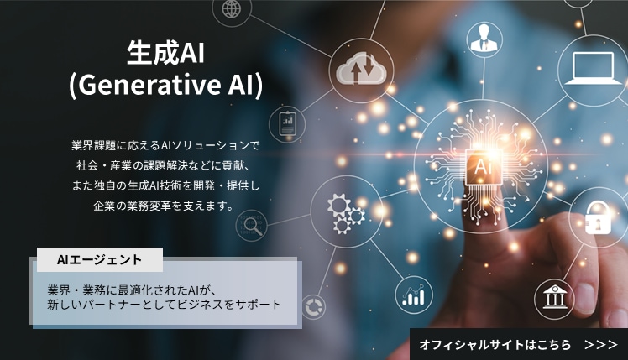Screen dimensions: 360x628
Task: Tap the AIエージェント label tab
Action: pyautogui.click(x=99, y=260)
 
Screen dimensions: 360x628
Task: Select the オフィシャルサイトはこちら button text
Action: pyautogui.click(x=495, y=344)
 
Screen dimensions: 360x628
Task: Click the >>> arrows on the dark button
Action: pyautogui.click(x=601, y=344)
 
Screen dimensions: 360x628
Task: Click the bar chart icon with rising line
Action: pyautogui.click(x=413, y=295)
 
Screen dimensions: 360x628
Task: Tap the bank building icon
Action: pyautogui.click(x=553, y=296)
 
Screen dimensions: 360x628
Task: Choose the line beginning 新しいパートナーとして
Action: pyautogui.click(x=165, y=305)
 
